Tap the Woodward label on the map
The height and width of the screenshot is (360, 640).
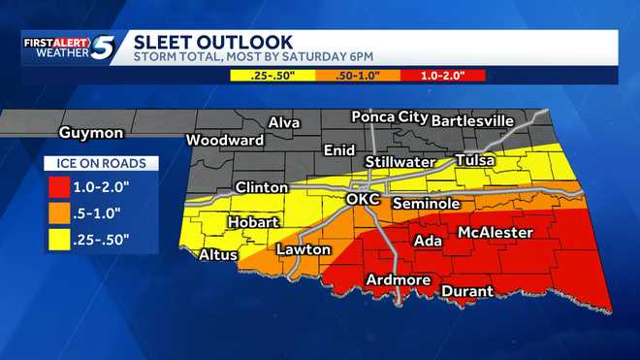pyautogui.click(x=224, y=140)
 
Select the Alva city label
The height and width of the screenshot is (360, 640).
pyautogui.click(x=284, y=123)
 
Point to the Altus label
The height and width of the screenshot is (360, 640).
pyautogui.click(x=218, y=256)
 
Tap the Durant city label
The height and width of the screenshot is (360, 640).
pyautogui.click(x=467, y=291)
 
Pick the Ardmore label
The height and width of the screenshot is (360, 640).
pyautogui.click(x=398, y=280)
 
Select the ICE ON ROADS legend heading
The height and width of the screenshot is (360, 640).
pyautogui.click(x=101, y=164)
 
